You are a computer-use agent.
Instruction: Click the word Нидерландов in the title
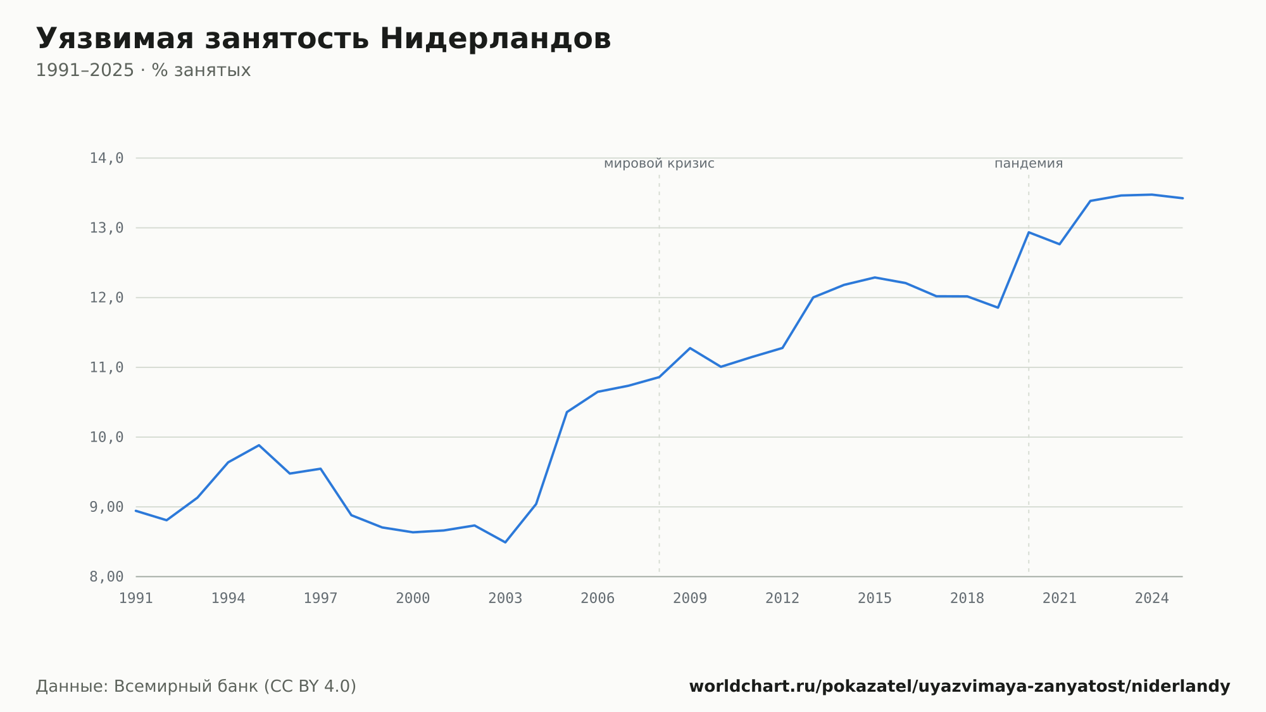496,39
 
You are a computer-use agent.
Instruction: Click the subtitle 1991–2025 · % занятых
143,70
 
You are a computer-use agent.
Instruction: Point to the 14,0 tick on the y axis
106,158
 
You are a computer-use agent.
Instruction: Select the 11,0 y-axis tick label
106,367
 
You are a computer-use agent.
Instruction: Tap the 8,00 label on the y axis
106,576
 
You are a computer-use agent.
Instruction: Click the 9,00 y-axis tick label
106,507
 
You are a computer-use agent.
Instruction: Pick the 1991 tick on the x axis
136,599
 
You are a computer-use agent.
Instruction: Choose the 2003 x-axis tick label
505,599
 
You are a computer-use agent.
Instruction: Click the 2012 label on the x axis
782,599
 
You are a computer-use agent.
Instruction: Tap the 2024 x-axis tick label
1152,599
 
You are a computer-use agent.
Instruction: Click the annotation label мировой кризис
659,164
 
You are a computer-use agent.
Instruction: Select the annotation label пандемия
1029,164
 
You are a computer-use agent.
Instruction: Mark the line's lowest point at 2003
505,542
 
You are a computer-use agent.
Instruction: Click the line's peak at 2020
1029,232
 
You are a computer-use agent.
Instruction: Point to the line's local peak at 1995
259,445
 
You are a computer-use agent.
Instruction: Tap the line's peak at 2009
690,348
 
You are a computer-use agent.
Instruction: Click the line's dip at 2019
998,308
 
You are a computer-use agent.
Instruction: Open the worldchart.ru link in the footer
960,687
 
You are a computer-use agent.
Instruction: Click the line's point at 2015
875,277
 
